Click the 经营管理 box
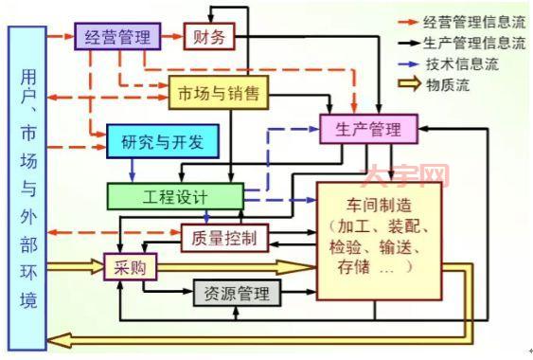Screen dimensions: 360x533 tap(117, 38)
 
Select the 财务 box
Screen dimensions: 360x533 tap(207, 38)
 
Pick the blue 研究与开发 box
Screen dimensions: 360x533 tap(162, 142)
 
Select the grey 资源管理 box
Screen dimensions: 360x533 tap(237, 294)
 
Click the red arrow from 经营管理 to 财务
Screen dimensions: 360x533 tap(171, 38)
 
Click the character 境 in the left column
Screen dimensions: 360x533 tap(27, 301)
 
